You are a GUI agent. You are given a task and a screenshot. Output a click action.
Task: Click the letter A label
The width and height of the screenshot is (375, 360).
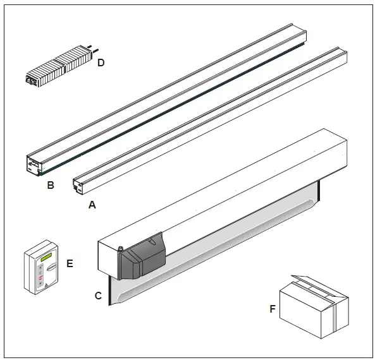92,205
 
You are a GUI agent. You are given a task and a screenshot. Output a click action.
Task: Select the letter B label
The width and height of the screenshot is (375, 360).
50,186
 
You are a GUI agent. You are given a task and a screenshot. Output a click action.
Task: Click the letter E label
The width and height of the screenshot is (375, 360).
70,263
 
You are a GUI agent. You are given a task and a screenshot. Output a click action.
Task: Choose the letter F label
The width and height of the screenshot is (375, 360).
273,309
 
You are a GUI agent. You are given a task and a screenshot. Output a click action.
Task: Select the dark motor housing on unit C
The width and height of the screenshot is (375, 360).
140,259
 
